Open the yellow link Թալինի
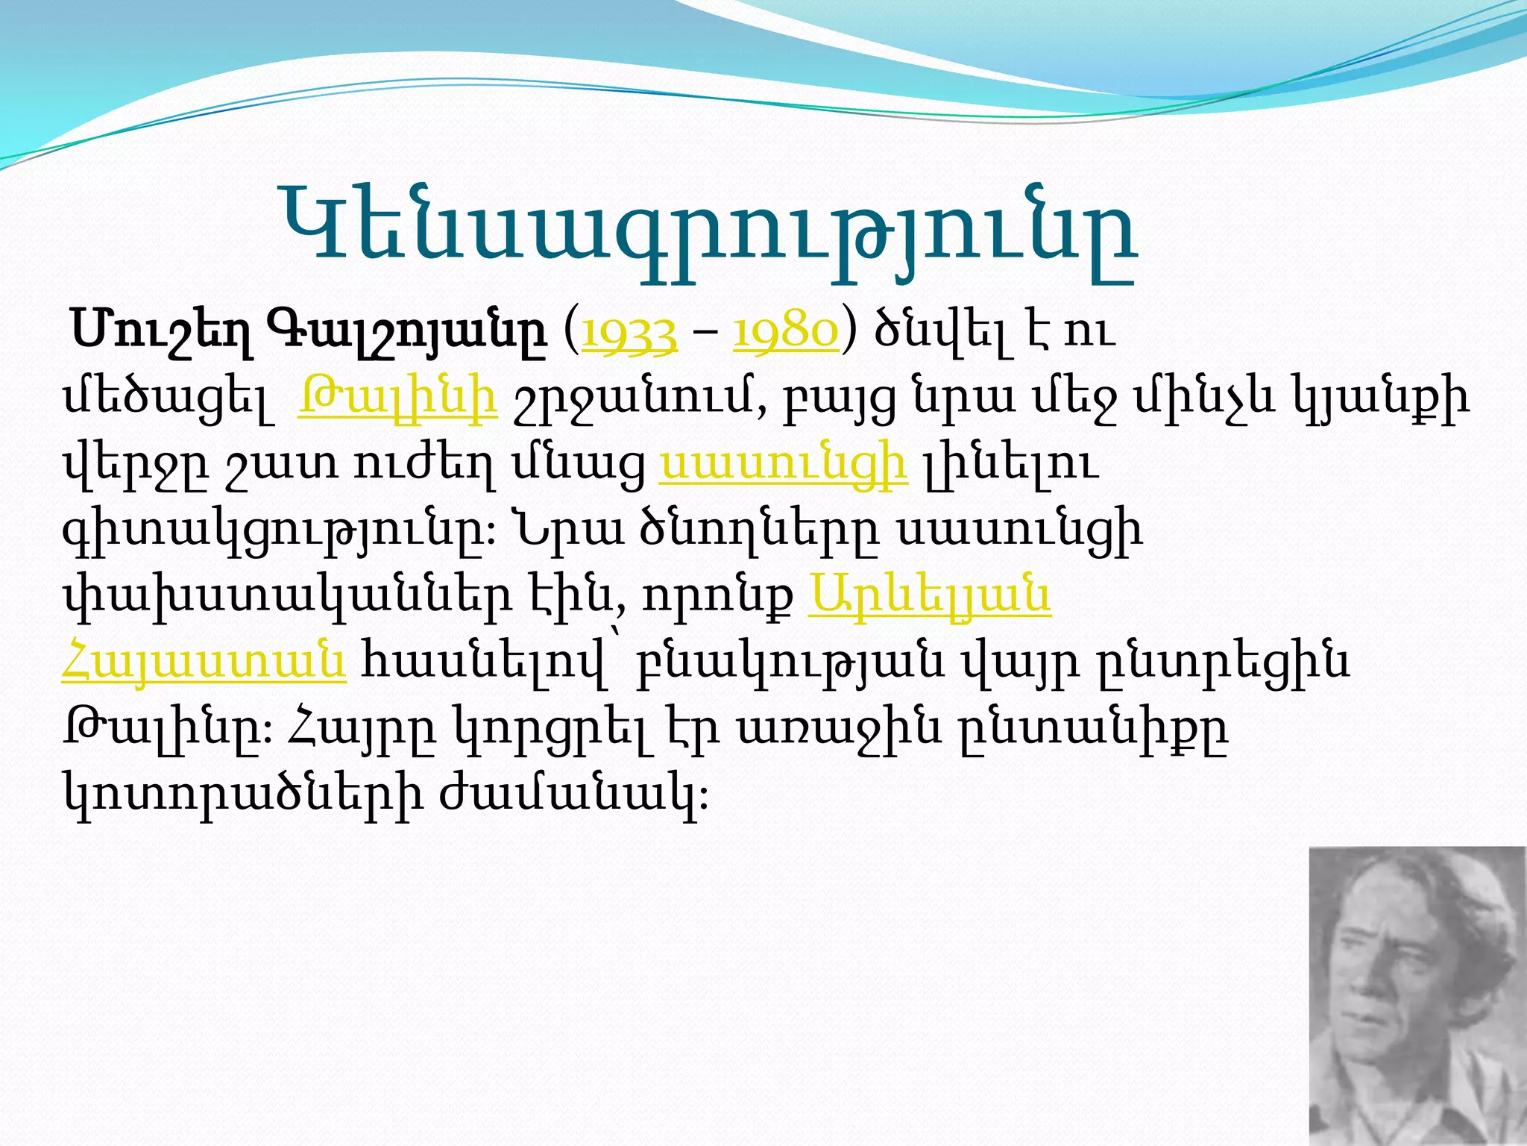tap(397, 398)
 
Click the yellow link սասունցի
tap(783, 463)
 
